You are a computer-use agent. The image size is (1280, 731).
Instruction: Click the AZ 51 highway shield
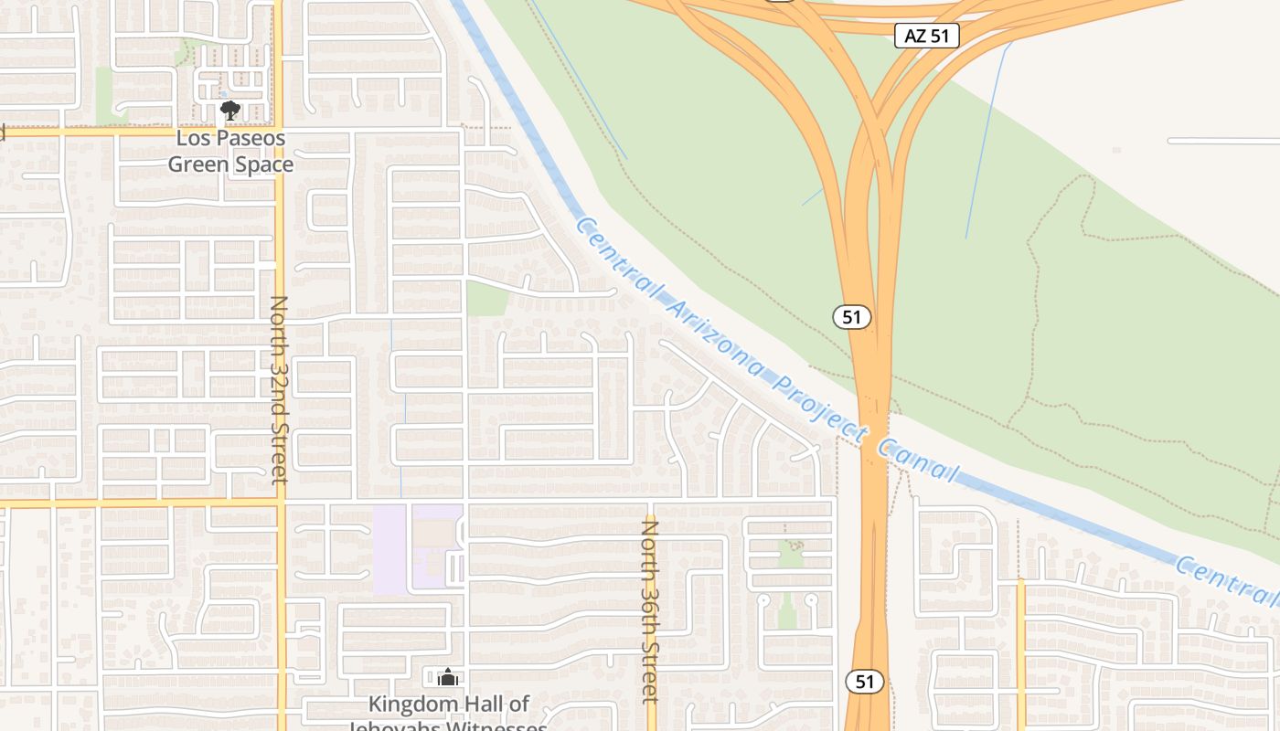(927, 37)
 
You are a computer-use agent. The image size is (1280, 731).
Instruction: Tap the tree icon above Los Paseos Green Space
(229, 111)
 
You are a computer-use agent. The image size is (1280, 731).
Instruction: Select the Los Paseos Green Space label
(230, 152)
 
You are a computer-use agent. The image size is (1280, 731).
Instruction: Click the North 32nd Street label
(279, 389)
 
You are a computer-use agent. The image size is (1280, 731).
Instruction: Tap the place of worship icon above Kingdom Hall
(447, 677)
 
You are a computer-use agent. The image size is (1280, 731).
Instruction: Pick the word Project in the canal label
(818, 406)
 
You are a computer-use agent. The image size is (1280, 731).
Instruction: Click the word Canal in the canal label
(918, 460)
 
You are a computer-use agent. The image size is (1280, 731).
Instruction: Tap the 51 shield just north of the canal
(851, 317)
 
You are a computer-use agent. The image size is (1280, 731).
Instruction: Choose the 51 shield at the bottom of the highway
(864, 682)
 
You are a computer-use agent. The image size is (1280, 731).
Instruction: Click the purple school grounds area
(390, 548)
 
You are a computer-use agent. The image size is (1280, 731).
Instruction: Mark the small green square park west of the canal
(486, 298)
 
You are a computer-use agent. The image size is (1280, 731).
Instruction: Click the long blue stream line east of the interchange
(987, 137)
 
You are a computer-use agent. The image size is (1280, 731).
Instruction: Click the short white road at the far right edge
(1223, 141)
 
